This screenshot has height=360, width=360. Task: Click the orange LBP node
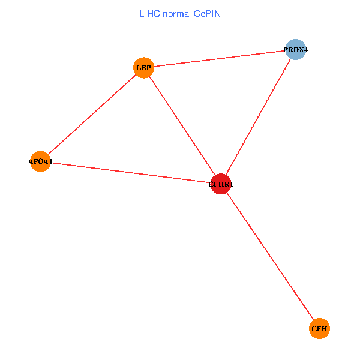click(x=143, y=67)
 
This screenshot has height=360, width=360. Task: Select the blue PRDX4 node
click(x=295, y=49)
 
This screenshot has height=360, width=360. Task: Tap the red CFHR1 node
click(x=221, y=184)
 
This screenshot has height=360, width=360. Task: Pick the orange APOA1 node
click(x=40, y=161)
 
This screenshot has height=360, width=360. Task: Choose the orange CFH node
click(x=320, y=328)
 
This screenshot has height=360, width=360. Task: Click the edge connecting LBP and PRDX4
click(x=219, y=58)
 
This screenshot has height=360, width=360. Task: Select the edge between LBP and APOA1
click(x=92, y=114)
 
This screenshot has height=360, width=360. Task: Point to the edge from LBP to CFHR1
click(x=182, y=125)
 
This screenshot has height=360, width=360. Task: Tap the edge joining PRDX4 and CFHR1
click(x=258, y=116)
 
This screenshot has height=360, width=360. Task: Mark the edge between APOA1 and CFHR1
click(x=130, y=173)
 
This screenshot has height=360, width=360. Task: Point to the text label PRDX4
click(x=295, y=50)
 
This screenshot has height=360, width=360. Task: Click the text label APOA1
click(x=40, y=162)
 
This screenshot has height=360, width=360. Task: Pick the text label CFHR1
click(x=221, y=185)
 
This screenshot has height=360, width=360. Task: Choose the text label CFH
click(x=320, y=329)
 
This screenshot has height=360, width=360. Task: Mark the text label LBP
click(x=143, y=68)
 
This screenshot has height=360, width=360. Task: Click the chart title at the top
click(x=179, y=13)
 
